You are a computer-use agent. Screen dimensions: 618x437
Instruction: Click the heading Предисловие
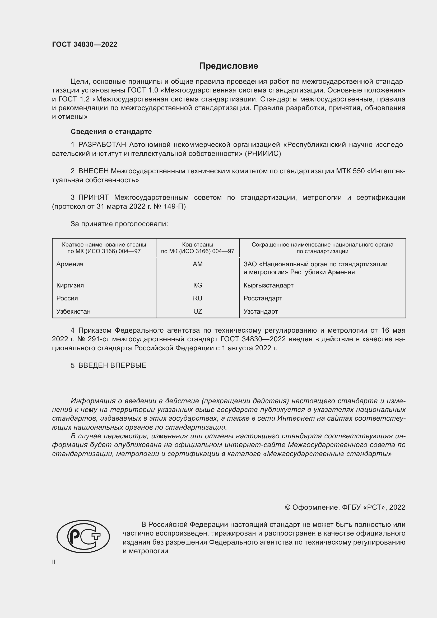click(229, 66)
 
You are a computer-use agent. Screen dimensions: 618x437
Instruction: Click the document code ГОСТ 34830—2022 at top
click(85, 44)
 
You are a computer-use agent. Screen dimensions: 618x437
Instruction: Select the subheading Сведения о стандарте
click(111, 132)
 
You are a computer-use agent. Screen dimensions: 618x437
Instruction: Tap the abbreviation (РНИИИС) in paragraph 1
click(263, 154)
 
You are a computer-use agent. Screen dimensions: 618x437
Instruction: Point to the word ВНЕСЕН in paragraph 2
click(93, 171)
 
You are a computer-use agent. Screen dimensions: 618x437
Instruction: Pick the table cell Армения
click(70, 264)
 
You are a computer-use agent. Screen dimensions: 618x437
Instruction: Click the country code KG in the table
click(198, 285)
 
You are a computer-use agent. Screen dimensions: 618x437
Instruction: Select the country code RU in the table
click(198, 298)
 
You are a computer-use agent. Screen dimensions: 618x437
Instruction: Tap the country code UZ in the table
click(198, 312)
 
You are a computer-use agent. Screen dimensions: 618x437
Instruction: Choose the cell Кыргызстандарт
click(268, 285)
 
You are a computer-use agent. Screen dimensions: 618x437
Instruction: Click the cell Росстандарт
click(263, 298)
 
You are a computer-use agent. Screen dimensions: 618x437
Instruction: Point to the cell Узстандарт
click(261, 312)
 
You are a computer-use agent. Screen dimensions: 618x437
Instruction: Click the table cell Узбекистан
click(73, 312)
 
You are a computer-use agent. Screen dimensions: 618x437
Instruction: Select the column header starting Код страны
click(198, 248)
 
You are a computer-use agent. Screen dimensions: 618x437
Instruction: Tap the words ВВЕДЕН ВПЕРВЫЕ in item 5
click(112, 365)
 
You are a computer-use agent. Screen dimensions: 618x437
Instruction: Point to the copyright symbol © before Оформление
click(287, 507)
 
